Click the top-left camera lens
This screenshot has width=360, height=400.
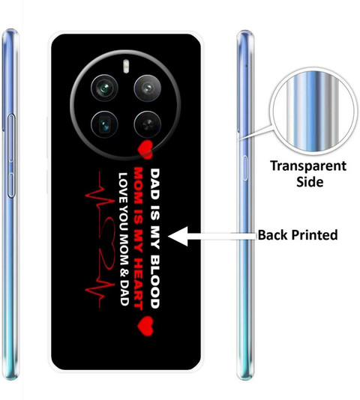(104, 88)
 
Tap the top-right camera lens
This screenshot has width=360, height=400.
(148, 88)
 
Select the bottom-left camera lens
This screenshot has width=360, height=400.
(104, 124)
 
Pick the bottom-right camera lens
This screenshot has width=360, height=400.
(148, 124)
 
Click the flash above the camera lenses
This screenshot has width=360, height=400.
(126, 66)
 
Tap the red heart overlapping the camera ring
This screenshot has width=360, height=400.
(145, 149)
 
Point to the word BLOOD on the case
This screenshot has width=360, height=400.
(154, 281)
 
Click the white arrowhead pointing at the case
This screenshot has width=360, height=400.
(178, 236)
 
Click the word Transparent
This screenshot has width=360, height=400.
(308, 166)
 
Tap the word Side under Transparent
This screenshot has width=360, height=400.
(310, 182)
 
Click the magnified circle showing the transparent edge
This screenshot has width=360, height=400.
(313, 112)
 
